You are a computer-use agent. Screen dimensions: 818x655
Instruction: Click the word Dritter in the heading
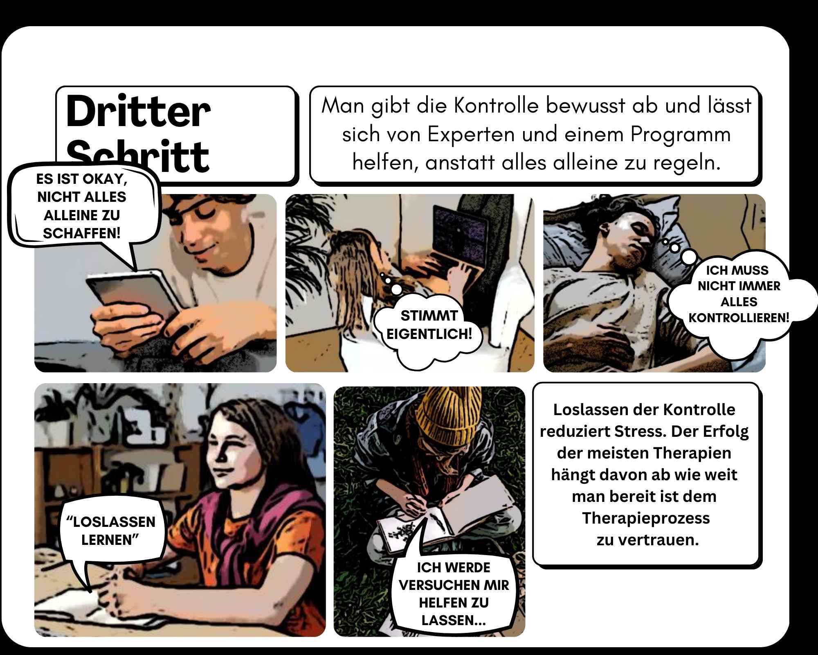(138, 111)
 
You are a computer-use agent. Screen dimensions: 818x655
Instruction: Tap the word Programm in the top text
(681, 134)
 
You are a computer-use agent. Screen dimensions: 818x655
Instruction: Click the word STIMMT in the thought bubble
(429, 316)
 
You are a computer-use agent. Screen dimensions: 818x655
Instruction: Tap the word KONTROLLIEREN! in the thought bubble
(739, 318)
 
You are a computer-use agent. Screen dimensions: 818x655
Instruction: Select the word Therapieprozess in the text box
(646, 518)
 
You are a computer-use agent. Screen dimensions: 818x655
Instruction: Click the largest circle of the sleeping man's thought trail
(690, 257)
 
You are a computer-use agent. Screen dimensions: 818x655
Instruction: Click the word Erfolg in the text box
(726, 432)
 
